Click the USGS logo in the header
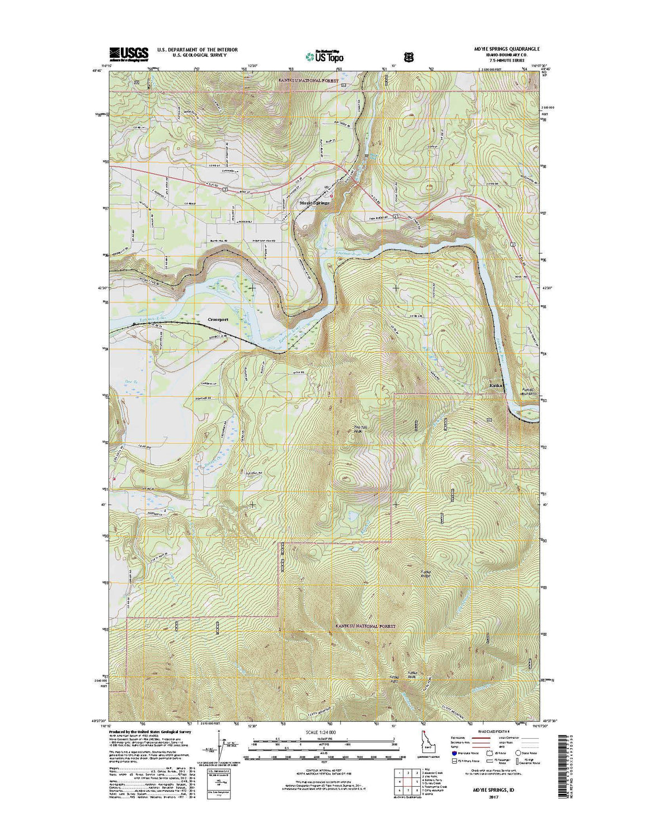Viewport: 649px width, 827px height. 129,53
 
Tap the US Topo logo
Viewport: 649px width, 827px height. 324,55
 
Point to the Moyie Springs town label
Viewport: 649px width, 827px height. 314,203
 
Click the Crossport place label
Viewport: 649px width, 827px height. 219,319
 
